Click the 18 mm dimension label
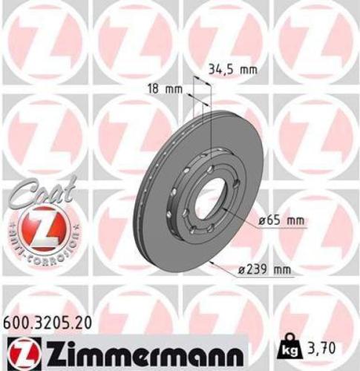(x=164, y=88)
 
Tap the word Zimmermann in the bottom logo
(x=140, y=349)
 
